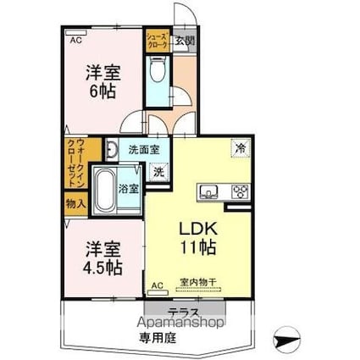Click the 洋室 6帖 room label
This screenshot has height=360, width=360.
(102, 81)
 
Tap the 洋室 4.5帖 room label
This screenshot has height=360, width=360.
(102, 258)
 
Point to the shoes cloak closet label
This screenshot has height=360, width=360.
(157, 41)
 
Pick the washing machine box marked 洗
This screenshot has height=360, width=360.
(158, 170)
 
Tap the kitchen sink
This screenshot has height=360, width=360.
(210, 191)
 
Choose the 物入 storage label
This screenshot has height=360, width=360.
(75, 203)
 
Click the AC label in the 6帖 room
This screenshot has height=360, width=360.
(75, 40)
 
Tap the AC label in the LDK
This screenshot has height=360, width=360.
(157, 285)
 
